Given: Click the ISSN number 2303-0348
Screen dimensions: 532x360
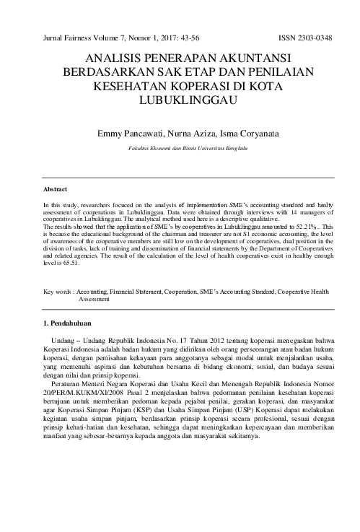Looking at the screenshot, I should pyautogui.click(x=315, y=37).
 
